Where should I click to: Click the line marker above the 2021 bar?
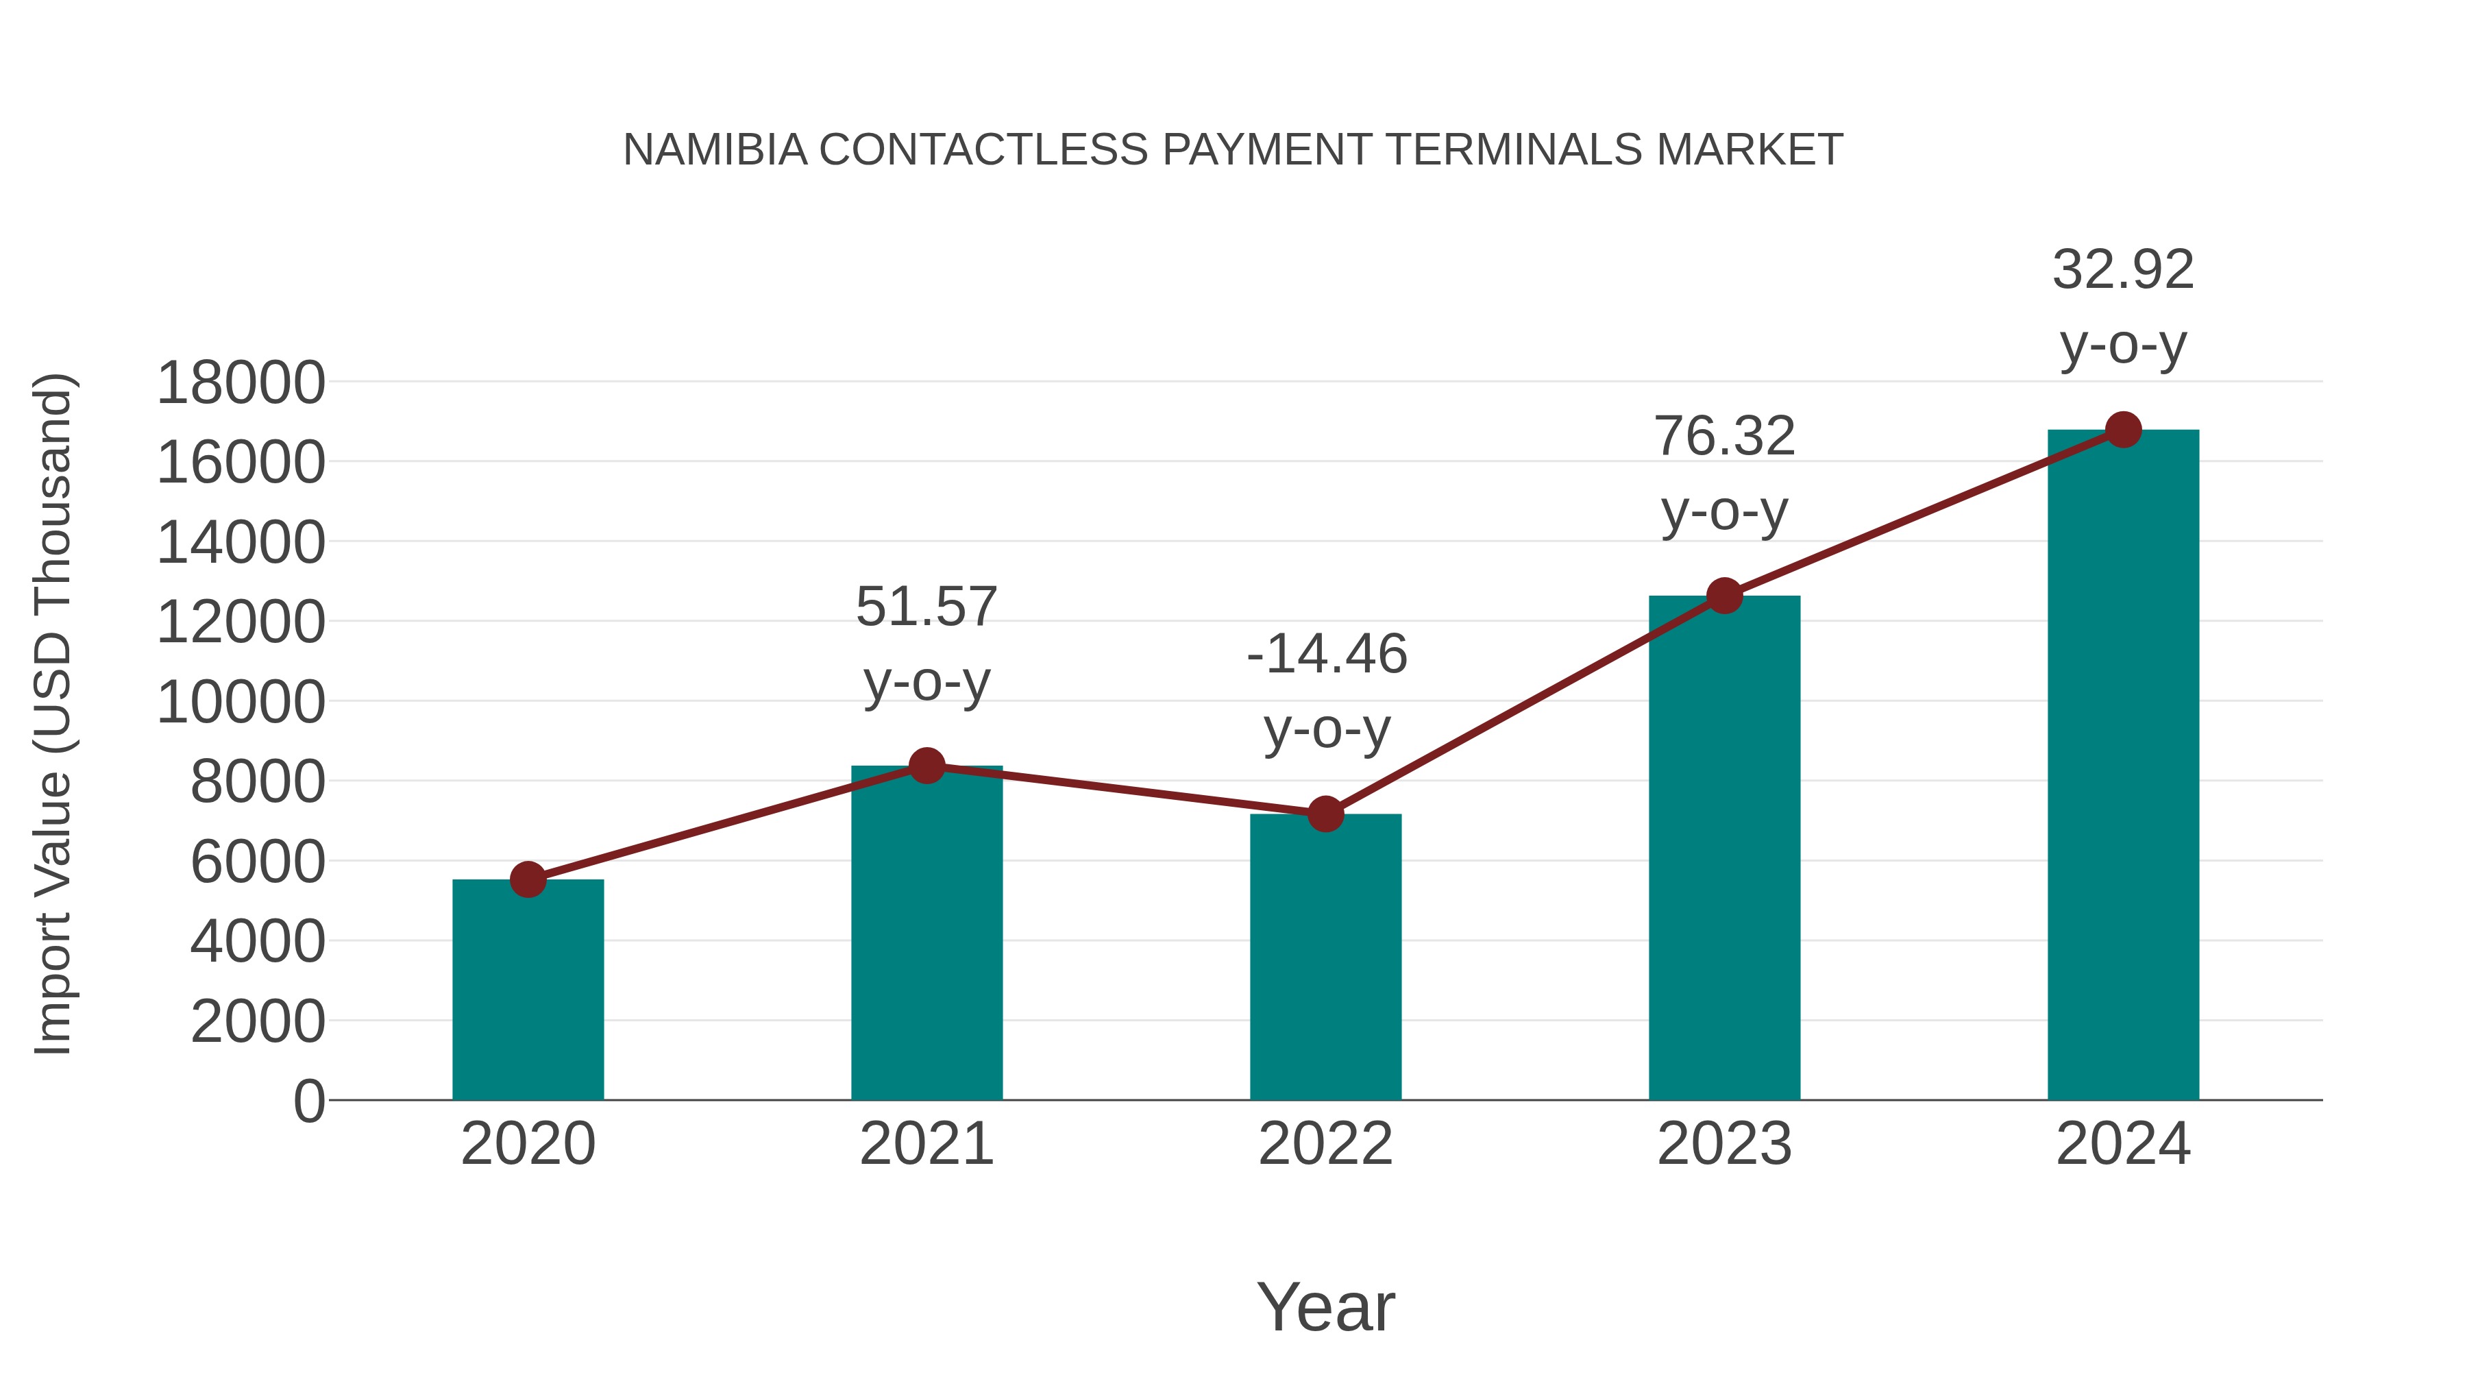926,766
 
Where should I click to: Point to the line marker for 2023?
1724,596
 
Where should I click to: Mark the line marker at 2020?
528,879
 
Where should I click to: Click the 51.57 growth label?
926,607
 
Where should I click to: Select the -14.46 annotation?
1327,655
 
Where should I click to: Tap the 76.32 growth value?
1724,437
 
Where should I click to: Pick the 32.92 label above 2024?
2123,270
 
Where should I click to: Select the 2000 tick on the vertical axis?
258,1021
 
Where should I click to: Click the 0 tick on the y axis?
309,1101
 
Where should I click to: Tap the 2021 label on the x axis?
926,1144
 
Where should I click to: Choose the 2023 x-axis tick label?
1724,1144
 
